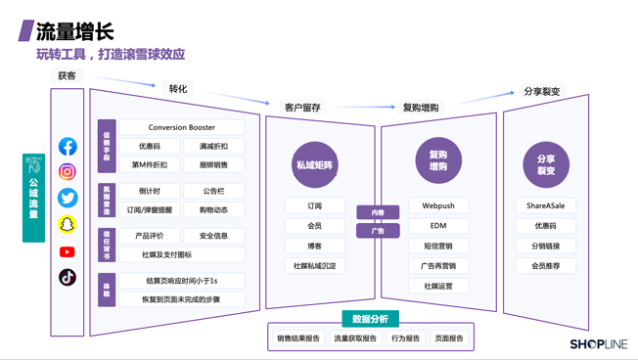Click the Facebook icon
coord(68,147)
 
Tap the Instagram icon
coord(68,172)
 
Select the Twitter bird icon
coord(68,198)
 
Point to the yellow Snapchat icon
coord(68,224)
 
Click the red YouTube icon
coord(68,251)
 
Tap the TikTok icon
coord(68,277)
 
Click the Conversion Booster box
coord(182,128)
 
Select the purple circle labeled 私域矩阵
coord(315,164)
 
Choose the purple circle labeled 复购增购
coord(437,160)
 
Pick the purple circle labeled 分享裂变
coord(545,164)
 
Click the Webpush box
coord(437,206)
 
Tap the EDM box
coord(437,226)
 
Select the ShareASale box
coord(545,206)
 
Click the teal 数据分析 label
coord(370,319)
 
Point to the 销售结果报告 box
coord(298,338)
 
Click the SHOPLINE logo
coord(598,344)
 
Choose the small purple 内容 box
coord(378,212)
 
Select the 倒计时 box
coord(150,192)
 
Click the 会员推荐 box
coord(545,266)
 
